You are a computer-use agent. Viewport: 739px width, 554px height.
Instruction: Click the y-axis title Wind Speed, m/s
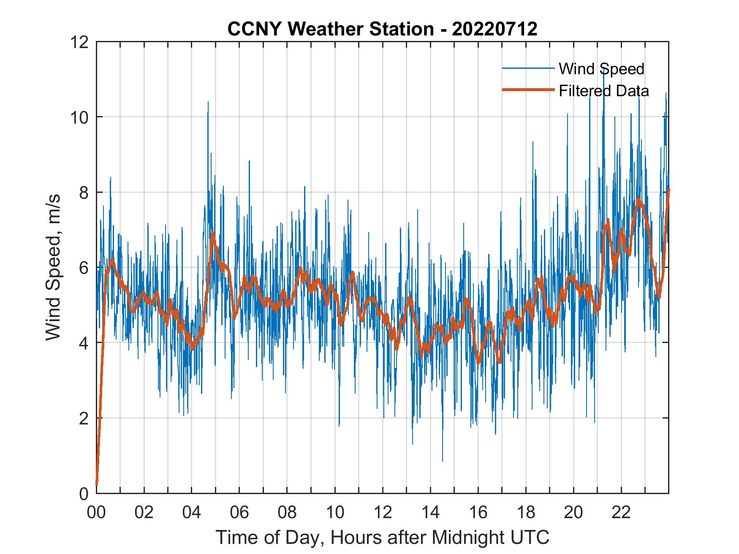[54, 267]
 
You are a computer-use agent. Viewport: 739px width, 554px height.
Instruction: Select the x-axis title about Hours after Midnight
[382, 537]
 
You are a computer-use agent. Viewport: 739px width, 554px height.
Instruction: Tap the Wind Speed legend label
[601, 69]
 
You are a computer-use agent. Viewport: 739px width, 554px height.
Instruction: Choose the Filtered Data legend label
[603, 91]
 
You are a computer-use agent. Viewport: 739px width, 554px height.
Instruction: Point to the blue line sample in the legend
[528, 68]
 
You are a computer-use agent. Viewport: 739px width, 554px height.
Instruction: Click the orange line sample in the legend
[528, 90]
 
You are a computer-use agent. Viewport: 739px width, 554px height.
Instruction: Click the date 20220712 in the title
[494, 29]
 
